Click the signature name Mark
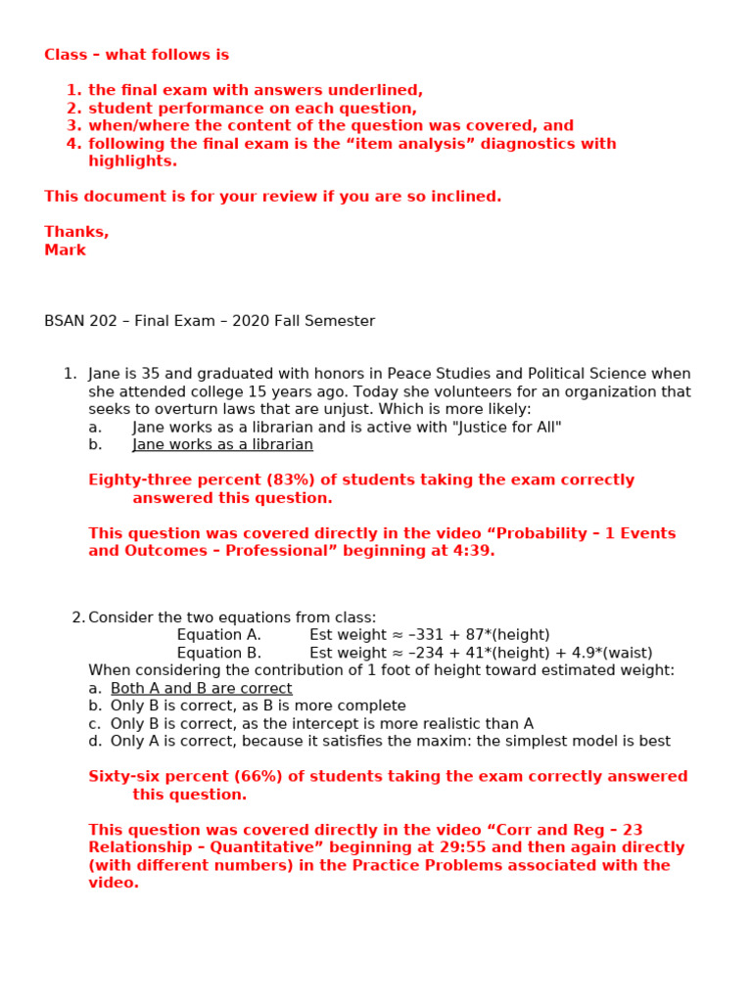[65, 250]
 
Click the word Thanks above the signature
[75, 232]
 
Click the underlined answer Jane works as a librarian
[222, 444]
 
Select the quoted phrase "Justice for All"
[505, 427]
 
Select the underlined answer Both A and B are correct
[201, 688]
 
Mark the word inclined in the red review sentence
[463, 197]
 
